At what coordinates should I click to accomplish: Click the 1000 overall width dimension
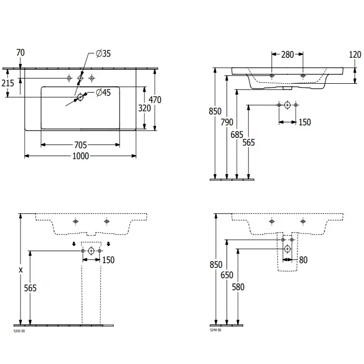[x=81, y=157]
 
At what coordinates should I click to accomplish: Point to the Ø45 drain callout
[x=105, y=93]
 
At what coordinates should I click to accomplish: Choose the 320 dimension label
[x=145, y=108]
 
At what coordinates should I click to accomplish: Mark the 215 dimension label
[x=7, y=84]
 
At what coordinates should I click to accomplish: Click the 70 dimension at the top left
[x=20, y=53]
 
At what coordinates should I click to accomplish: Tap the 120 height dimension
[x=355, y=54]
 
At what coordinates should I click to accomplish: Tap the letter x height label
[x=21, y=269]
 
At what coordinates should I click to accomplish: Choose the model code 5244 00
[x=215, y=330]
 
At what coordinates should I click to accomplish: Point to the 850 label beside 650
[x=216, y=265]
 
